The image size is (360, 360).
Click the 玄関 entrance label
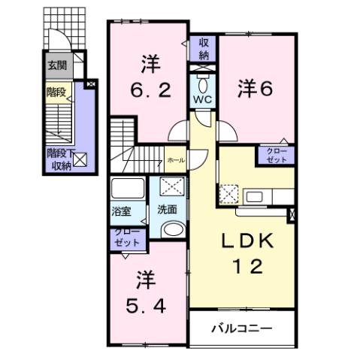57,65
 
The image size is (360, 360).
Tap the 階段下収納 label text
58,159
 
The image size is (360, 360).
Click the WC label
203,99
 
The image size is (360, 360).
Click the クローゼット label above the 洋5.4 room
126,238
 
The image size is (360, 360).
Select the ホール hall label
175,160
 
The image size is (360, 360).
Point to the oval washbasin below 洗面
172,230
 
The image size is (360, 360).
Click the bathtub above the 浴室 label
128,188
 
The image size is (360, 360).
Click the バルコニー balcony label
241,329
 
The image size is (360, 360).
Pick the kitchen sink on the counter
255,198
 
